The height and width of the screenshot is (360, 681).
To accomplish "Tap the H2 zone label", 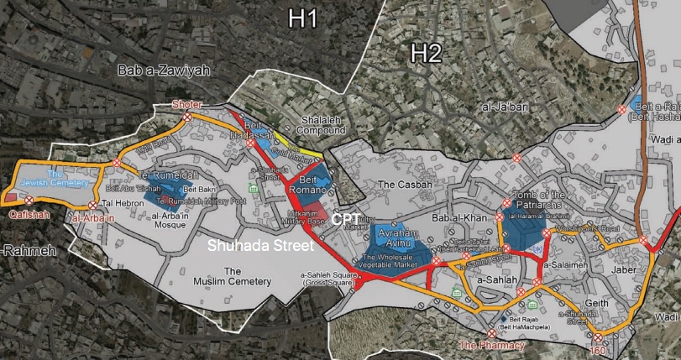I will tap(426, 55).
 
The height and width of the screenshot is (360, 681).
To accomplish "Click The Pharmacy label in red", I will tap(491, 345).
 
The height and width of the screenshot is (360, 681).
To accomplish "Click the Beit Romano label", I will tap(318, 184).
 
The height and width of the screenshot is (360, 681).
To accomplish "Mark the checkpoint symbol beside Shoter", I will tap(188, 118).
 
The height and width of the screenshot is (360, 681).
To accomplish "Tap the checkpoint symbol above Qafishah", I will tap(29, 200).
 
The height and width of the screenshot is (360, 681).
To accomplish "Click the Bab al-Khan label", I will tap(454, 219).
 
